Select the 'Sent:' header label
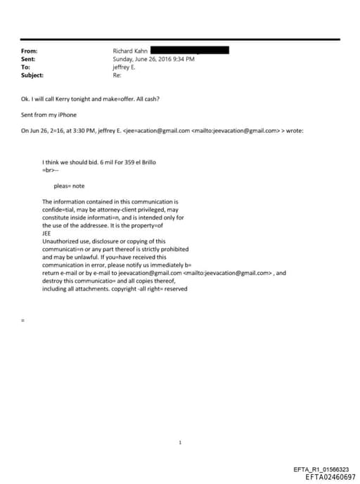coord(29,59)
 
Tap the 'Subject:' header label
coord(32,75)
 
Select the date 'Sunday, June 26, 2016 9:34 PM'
coord(153,59)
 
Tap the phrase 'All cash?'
coord(147,98)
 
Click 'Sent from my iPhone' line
coord(49,114)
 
